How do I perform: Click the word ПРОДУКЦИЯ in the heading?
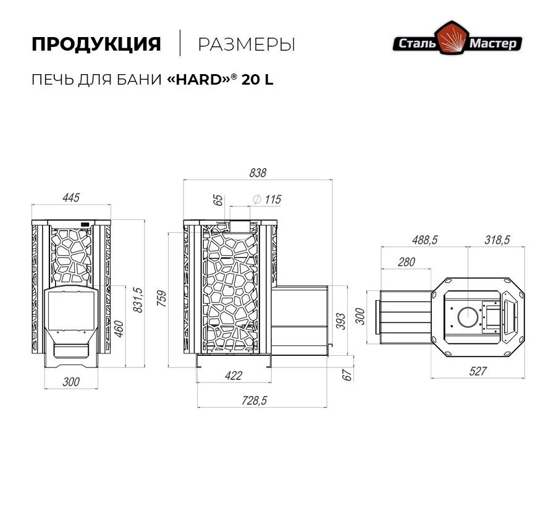(96, 44)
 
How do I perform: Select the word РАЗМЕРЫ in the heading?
(246, 44)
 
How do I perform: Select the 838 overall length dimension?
(257, 173)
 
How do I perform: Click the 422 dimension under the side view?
(233, 375)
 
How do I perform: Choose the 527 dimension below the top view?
(478, 371)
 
